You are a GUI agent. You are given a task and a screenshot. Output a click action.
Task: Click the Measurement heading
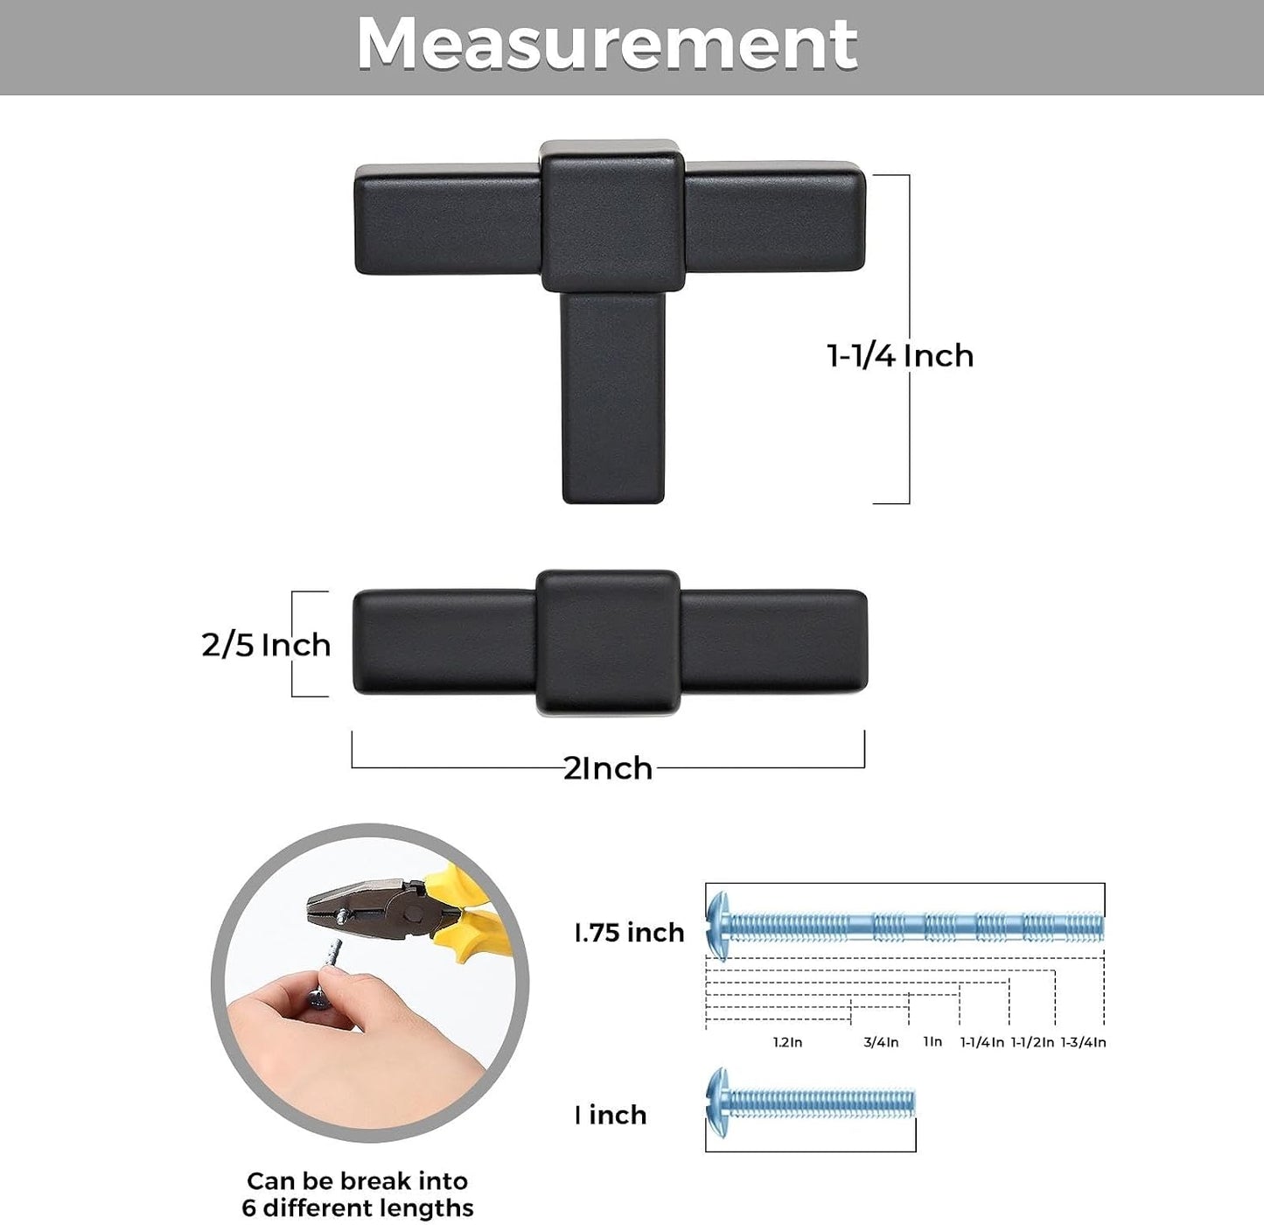pos(607,45)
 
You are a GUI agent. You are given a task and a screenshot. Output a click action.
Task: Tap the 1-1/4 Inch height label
pos(900,356)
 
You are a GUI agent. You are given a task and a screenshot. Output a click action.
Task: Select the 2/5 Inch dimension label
pos(266,646)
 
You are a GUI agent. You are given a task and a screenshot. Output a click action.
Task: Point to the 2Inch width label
pos(608,768)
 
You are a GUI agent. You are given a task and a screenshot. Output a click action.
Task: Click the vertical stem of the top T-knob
pos(612,398)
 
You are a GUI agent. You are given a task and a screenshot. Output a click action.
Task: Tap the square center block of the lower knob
pos(609,642)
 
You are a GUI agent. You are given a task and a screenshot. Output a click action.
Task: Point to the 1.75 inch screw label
pos(630,933)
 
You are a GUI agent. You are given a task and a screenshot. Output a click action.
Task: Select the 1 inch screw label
pos(611,1115)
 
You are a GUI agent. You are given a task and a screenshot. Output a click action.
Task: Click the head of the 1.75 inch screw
pos(718,926)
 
